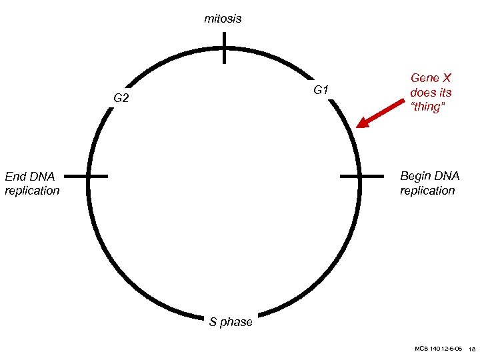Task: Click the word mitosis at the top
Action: (x=223, y=19)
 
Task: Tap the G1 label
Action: (x=320, y=89)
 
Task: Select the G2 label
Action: (x=121, y=99)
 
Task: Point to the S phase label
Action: (x=231, y=322)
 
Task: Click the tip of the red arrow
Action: (x=358, y=125)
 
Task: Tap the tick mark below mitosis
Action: (x=225, y=47)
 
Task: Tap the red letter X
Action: (x=447, y=78)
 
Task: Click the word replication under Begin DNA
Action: (x=427, y=191)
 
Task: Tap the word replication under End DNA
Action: (x=32, y=191)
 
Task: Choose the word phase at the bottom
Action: (x=237, y=322)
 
